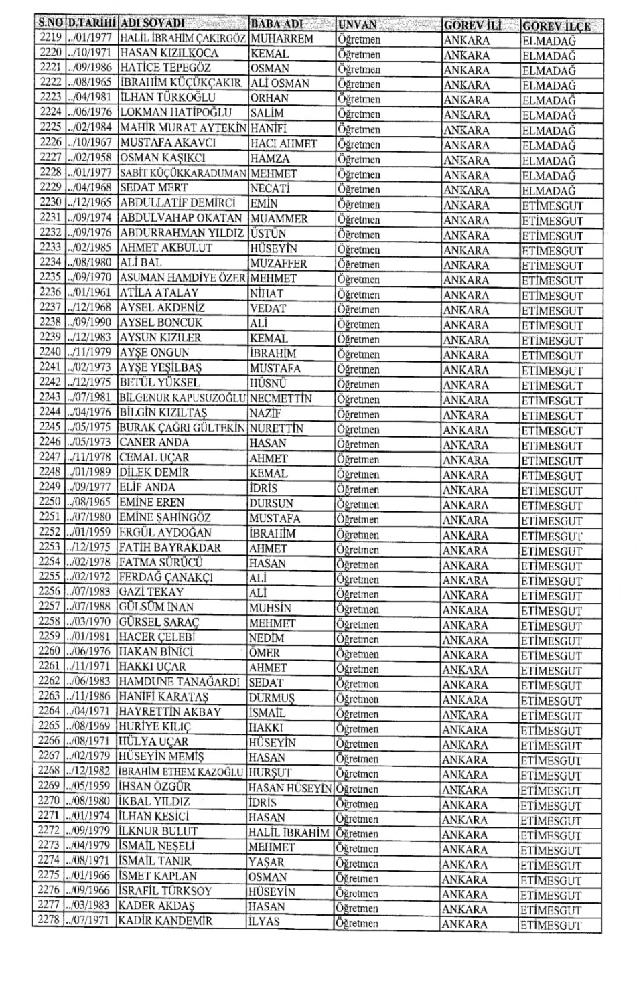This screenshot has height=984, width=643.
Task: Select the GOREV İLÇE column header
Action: [556, 26]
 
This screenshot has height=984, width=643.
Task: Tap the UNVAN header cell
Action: [358, 25]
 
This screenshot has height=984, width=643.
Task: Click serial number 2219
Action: [50, 38]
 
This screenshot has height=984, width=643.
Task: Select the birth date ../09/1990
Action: [90, 323]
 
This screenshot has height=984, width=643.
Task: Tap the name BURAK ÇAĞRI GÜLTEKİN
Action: [182, 428]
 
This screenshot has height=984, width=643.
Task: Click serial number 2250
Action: [50, 502]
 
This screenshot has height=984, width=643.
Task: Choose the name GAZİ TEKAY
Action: [151, 592]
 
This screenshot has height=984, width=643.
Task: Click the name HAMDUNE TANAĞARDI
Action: [179, 682]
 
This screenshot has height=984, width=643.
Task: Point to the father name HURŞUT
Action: [270, 772]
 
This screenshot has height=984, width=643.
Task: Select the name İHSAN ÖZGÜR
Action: [155, 787]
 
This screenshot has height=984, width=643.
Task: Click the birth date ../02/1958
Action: [90, 158]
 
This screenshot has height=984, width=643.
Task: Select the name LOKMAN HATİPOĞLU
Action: [175, 112]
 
